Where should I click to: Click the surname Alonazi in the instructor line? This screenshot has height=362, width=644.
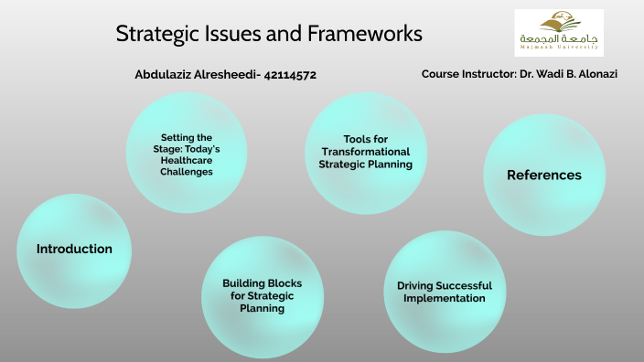(x=593, y=74)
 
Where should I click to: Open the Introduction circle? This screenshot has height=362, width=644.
(x=74, y=250)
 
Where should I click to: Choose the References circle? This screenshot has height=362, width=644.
(x=543, y=176)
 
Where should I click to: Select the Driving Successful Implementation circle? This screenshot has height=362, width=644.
(x=444, y=292)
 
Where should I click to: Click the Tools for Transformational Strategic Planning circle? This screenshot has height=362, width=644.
(x=365, y=152)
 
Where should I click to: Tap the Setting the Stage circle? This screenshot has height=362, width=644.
(x=187, y=154)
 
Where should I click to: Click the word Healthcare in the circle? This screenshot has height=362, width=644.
(x=187, y=160)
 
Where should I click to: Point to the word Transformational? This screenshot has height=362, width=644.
(x=365, y=152)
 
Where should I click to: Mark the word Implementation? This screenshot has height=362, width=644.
(x=444, y=298)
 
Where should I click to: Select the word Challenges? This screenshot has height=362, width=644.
(x=187, y=171)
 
